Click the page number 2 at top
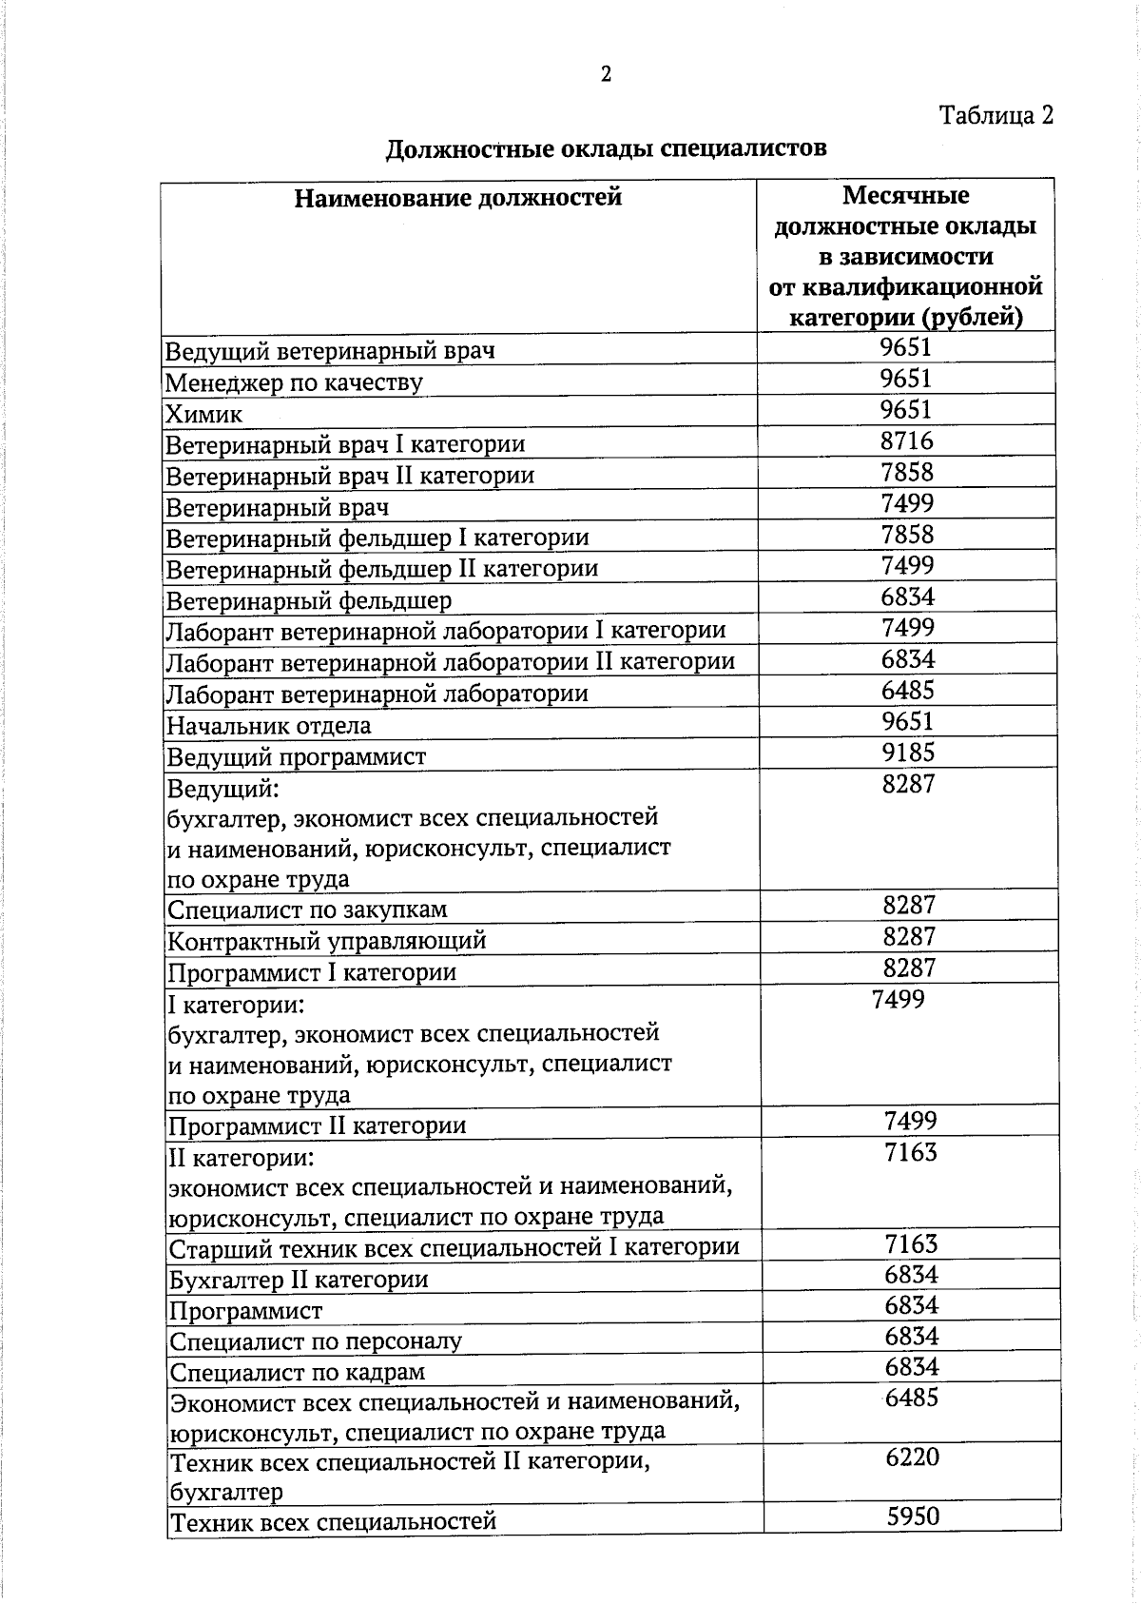606,74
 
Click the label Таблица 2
996,116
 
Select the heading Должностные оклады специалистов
606,149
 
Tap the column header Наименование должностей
457,198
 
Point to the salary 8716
906,440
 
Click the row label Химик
204,414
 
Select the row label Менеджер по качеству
294,382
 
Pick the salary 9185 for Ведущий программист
908,753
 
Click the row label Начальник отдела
269,726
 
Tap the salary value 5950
913,1516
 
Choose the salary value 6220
912,1457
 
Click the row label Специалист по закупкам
307,910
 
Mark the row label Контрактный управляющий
327,941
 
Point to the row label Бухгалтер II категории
299,1280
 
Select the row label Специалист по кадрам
297,1372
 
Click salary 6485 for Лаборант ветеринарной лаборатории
908,690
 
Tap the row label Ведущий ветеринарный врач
330,351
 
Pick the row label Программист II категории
318,1126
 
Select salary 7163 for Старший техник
911,1243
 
